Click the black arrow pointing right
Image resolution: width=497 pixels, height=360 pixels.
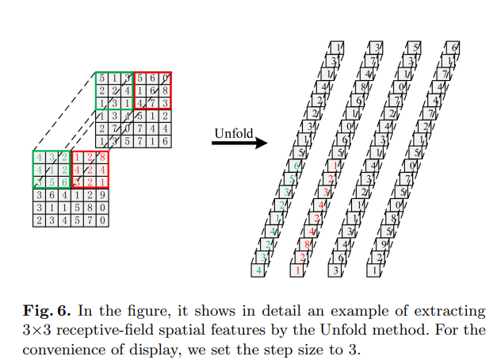point(239,144)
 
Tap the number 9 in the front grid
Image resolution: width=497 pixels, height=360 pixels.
point(101,194)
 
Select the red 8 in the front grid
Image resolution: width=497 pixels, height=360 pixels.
point(101,158)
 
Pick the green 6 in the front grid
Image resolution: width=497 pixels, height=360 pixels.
point(65,182)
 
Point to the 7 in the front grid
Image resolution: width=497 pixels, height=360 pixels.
point(90,219)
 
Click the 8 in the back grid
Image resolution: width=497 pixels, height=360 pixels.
point(165,91)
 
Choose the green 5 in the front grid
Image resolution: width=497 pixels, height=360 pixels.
point(52,182)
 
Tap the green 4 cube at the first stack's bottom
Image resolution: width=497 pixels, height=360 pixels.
point(258,271)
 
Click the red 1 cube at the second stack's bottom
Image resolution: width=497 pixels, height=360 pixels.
point(297,271)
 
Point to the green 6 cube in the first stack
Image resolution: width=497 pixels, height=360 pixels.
point(296,166)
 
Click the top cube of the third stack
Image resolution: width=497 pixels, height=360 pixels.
point(417,48)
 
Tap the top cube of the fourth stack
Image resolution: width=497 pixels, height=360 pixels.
point(456,48)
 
